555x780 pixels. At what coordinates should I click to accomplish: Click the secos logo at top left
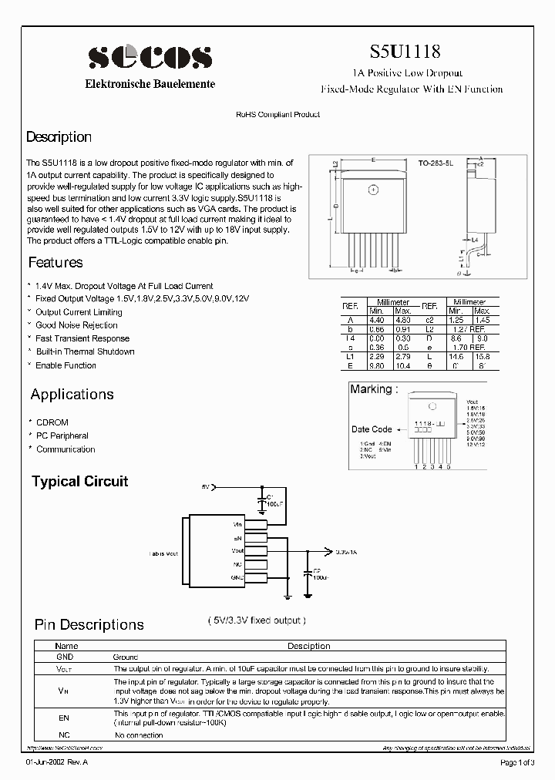(150, 57)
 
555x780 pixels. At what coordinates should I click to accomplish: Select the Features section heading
(55, 262)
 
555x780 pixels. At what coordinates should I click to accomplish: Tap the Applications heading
(72, 395)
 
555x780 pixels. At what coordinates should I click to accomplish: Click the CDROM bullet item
(52, 422)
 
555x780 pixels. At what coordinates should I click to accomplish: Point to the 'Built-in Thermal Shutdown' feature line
(85, 351)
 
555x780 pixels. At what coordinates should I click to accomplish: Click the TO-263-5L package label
(436, 163)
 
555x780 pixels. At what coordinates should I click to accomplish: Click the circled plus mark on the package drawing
(374, 189)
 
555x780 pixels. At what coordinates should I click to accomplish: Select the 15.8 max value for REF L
(483, 357)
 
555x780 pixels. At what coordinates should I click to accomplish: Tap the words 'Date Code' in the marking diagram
(372, 429)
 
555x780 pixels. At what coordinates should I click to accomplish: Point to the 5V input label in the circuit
(205, 487)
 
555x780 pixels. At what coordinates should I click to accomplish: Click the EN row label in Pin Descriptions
(64, 718)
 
